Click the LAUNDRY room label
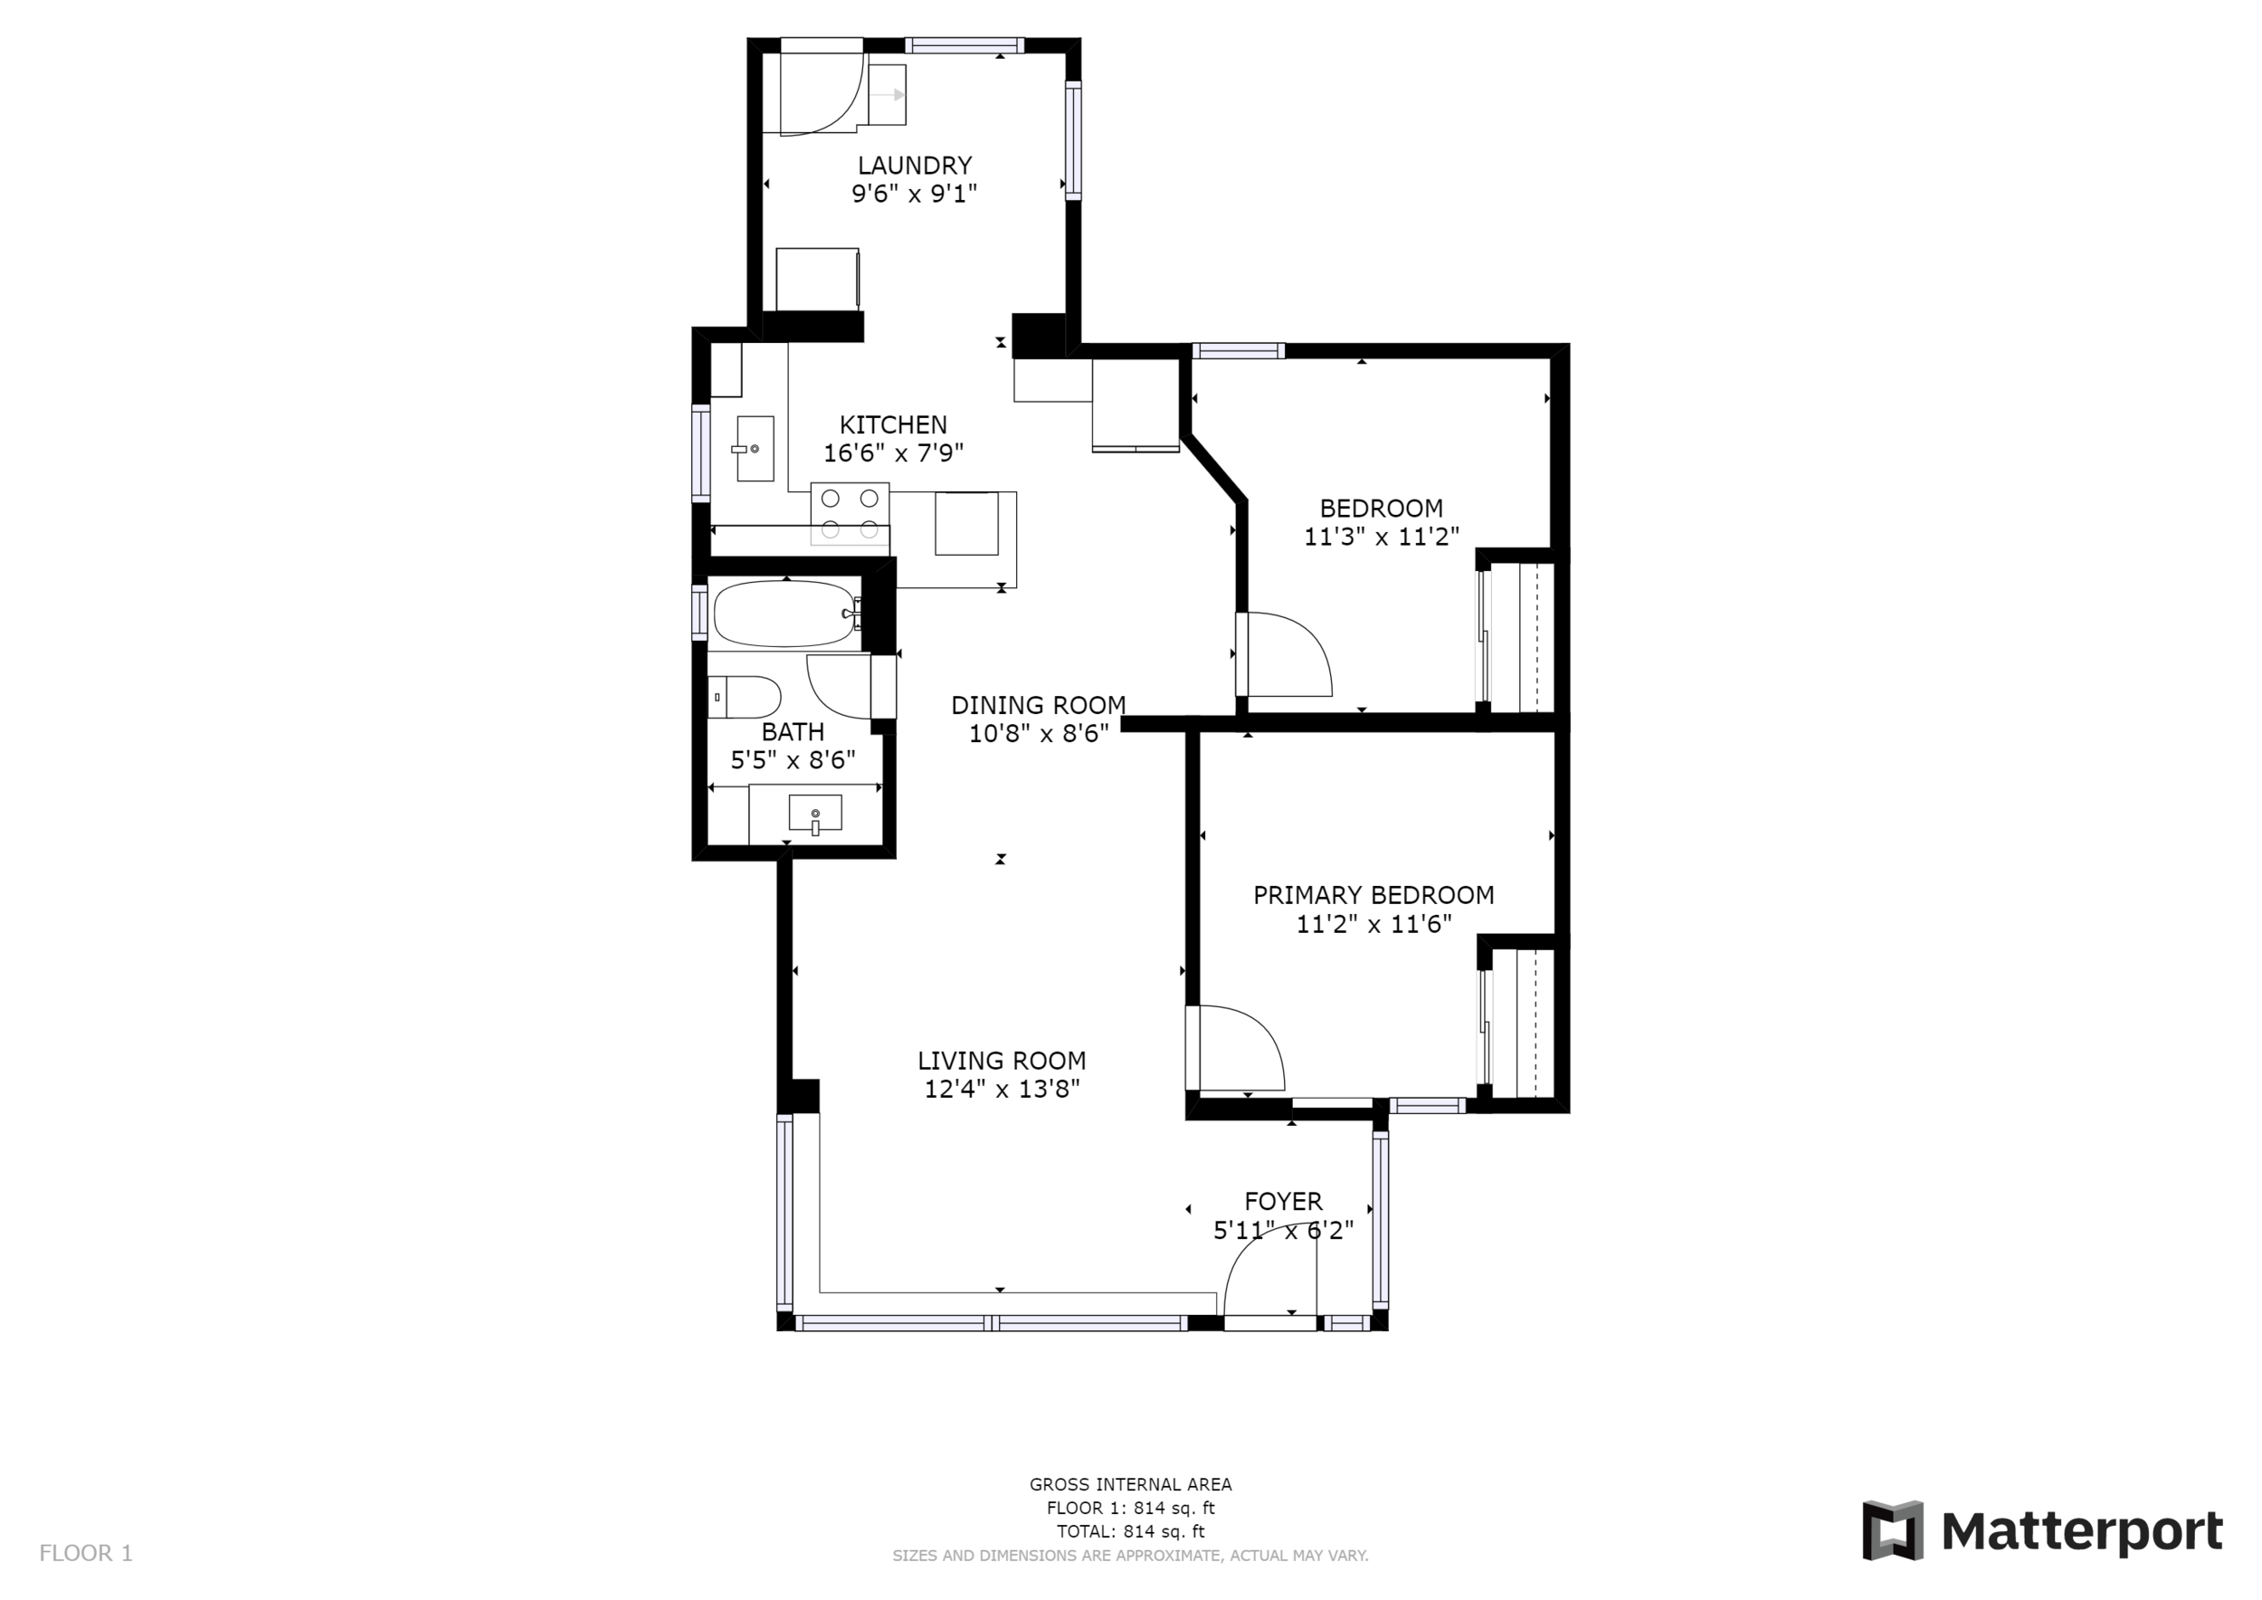click(x=914, y=166)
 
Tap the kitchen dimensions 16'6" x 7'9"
click(x=894, y=453)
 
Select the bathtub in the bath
click(x=785, y=613)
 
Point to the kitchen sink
click(x=755, y=448)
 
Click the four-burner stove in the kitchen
click(x=850, y=513)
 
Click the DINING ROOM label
click(x=1039, y=705)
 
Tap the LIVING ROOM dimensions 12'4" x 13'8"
click(x=1002, y=1089)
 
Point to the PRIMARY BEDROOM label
click(x=1373, y=896)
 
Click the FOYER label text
click(x=1283, y=1202)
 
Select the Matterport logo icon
click(x=1893, y=1530)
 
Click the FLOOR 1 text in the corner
click(x=86, y=1554)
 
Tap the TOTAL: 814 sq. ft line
click(x=1131, y=1532)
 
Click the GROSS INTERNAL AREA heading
click(x=1131, y=1485)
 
